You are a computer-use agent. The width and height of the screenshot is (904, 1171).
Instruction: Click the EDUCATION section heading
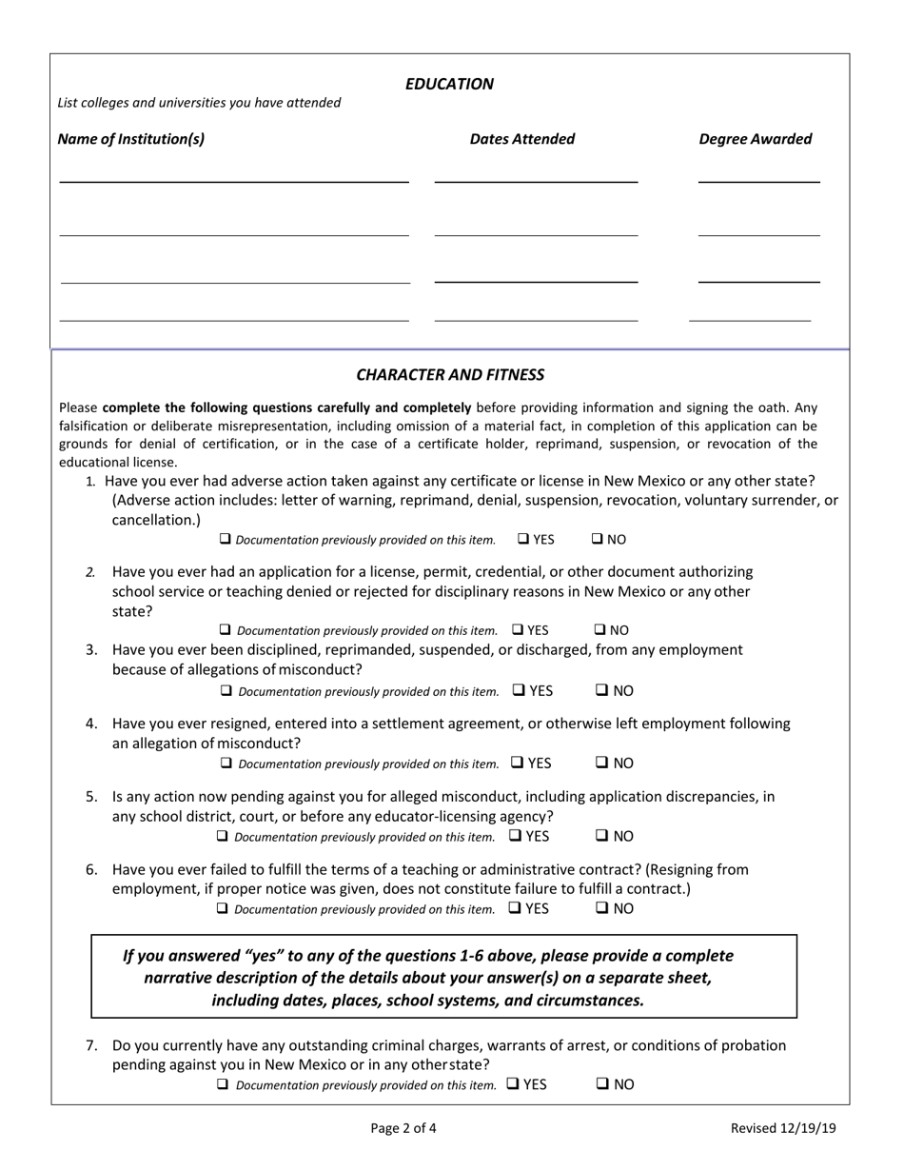tap(449, 84)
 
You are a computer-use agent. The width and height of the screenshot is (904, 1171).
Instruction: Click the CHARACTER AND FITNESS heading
tap(450, 375)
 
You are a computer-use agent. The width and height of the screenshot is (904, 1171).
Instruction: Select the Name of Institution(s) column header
tap(131, 139)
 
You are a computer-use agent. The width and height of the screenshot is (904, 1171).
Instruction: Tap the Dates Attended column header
tap(522, 139)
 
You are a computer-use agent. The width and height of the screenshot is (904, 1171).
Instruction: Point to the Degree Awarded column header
tap(756, 139)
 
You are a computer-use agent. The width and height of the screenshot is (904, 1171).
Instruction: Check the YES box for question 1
tap(524, 539)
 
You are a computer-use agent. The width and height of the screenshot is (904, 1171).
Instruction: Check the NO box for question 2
tap(601, 629)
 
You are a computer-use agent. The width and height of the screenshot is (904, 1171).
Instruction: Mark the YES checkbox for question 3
tap(519, 690)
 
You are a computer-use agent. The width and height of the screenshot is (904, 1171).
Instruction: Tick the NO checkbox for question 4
tap(602, 763)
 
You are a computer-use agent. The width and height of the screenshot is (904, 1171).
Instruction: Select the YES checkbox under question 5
tap(515, 836)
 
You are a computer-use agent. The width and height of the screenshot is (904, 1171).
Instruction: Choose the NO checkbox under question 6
tap(602, 908)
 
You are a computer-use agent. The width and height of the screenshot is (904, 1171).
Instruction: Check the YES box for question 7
tap(513, 1083)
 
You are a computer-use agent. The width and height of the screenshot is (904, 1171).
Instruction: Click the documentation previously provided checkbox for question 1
tap(226, 539)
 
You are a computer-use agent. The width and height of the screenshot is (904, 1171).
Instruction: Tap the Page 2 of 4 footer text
tap(403, 1129)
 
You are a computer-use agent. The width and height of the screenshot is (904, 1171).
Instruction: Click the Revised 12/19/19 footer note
tap(783, 1129)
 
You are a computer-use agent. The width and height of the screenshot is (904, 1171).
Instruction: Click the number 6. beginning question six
tap(91, 869)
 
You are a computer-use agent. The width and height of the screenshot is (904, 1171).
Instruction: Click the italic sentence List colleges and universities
tap(199, 103)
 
